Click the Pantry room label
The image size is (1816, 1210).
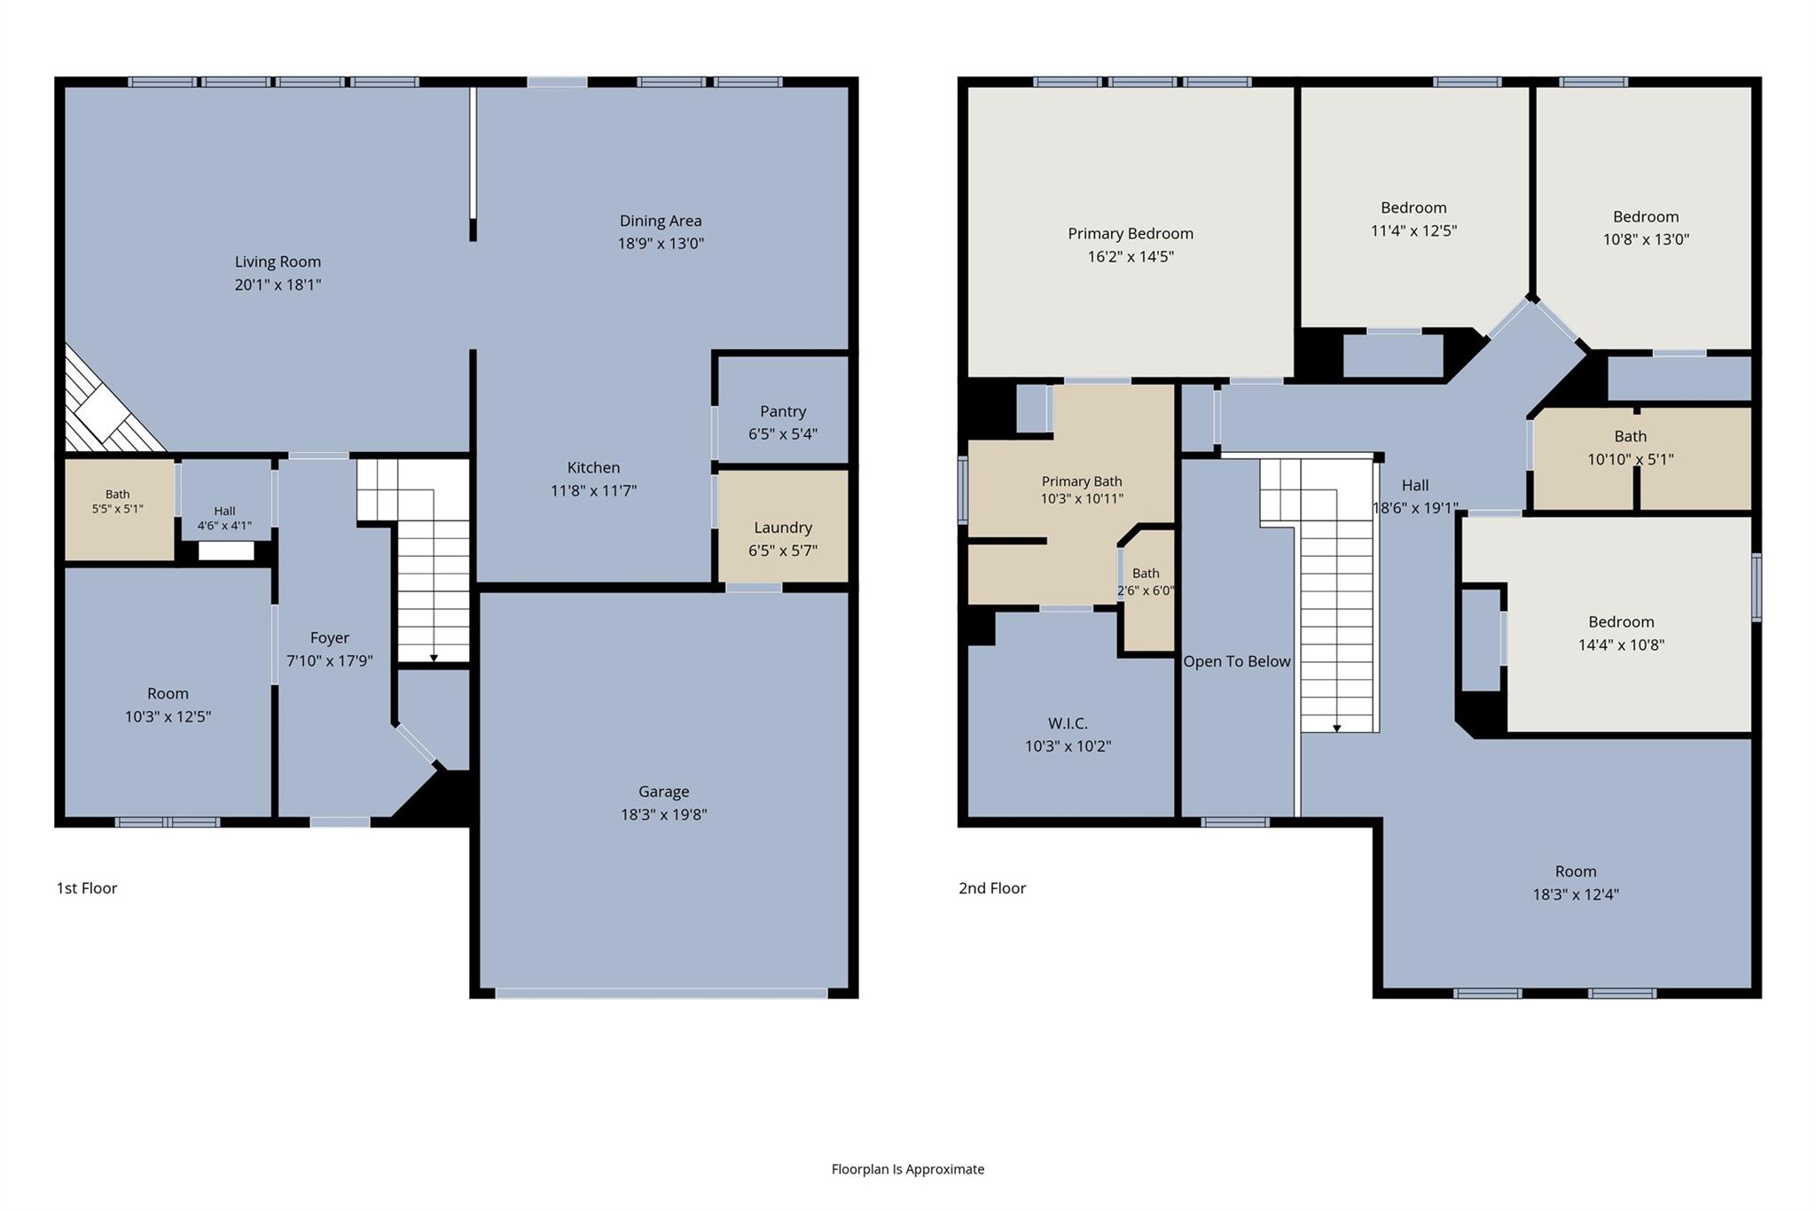click(783, 411)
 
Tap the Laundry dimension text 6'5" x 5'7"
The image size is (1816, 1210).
click(783, 550)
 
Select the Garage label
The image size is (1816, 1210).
click(663, 792)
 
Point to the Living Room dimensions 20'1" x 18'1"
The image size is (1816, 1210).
click(278, 285)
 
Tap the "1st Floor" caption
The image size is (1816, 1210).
click(87, 888)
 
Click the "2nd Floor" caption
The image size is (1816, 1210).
click(992, 888)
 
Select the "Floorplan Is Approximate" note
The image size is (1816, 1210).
click(908, 1169)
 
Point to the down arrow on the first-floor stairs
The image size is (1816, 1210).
click(434, 658)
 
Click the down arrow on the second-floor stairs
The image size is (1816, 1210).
click(1337, 728)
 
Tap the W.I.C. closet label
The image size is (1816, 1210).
click(1068, 723)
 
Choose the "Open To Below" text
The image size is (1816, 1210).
click(1237, 661)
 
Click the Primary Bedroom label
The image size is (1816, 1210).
click(1131, 233)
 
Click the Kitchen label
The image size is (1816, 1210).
click(594, 467)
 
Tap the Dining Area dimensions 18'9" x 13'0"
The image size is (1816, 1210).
click(661, 244)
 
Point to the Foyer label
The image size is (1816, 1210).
click(330, 637)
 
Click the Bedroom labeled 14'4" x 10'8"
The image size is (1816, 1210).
click(1621, 633)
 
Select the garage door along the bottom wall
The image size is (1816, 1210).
click(661, 994)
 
